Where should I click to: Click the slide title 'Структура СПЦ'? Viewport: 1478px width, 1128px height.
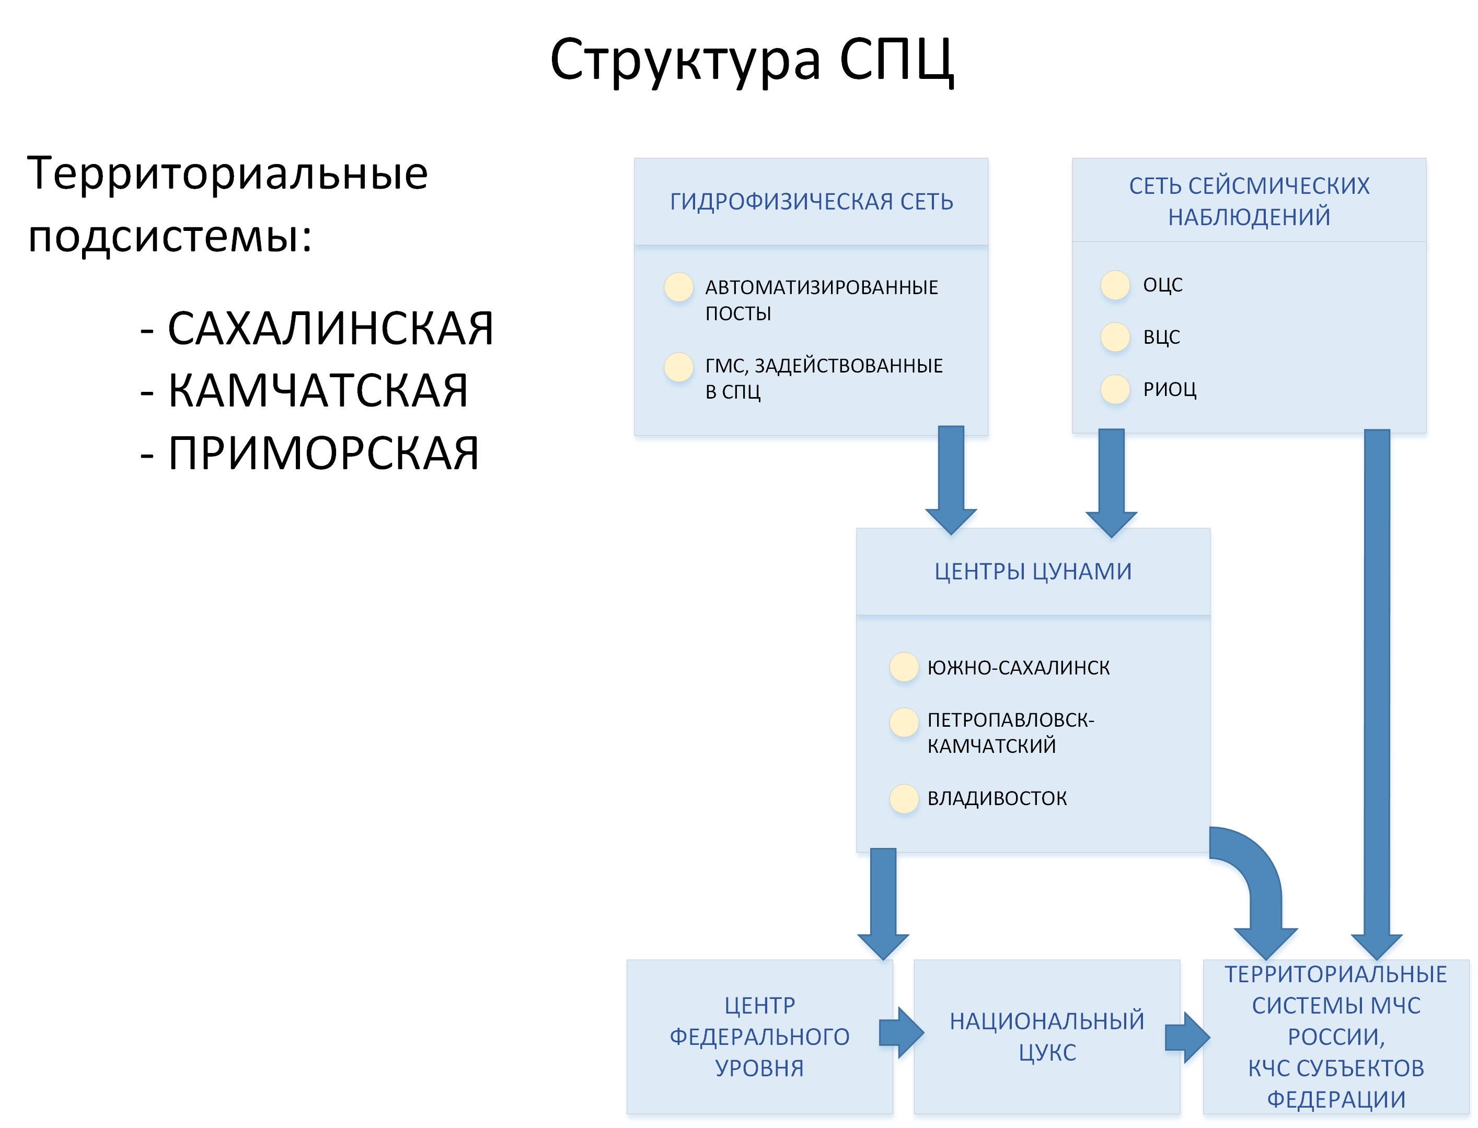pyautogui.click(x=752, y=61)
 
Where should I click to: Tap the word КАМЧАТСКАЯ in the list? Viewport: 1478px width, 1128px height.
pyautogui.click(x=318, y=390)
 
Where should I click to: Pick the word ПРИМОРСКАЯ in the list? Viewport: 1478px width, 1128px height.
pyautogui.click(x=323, y=452)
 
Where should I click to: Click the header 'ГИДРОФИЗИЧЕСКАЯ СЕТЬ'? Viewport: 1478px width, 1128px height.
pyautogui.click(x=811, y=202)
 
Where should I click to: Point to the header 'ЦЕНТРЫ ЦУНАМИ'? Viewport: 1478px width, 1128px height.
pyautogui.click(x=1033, y=572)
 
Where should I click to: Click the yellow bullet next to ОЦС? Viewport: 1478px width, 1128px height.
pyautogui.click(x=1115, y=285)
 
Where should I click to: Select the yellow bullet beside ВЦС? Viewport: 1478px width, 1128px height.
pyautogui.click(x=1115, y=337)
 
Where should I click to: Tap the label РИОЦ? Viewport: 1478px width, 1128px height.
pyautogui.click(x=1169, y=389)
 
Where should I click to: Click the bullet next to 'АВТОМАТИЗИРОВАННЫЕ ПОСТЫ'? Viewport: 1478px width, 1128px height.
pyautogui.click(x=678, y=287)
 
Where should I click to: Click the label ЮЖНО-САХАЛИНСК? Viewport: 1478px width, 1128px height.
pyautogui.click(x=1018, y=667)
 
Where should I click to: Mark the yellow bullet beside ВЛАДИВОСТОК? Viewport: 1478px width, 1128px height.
pyautogui.click(x=904, y=798)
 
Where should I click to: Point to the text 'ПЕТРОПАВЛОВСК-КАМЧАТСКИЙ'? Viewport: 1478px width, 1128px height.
pyautogui.click(x=1011, y=732)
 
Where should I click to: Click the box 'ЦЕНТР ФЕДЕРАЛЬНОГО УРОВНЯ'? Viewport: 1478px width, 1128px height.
pyautogui.click(x=759, y=1037)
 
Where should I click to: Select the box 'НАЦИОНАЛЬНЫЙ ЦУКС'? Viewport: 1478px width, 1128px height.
pyautogui.click(x=1046, y=1037)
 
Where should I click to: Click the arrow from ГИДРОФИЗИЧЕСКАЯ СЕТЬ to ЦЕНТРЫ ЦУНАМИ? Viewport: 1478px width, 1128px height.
pyautogui.click(x=951, y=480)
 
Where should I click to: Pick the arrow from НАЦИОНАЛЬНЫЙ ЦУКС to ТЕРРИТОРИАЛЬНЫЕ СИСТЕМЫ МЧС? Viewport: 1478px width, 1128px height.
pyautogui.click(x=1187, y=1038)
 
